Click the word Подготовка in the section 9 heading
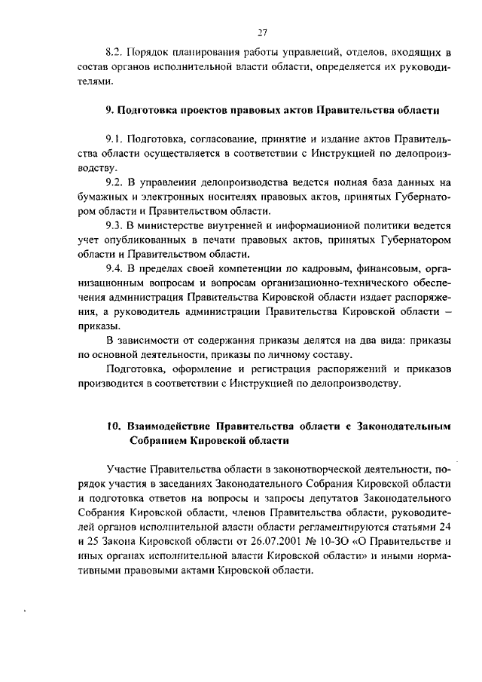coord(148,110)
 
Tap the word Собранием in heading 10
coord(156,440)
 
